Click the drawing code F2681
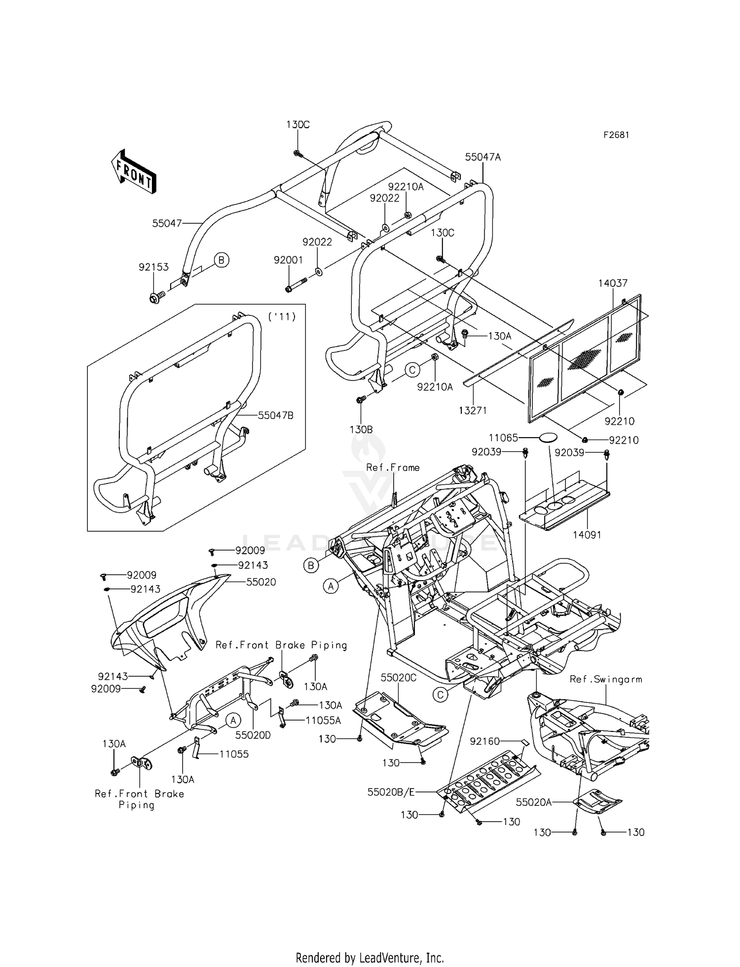point(616,135)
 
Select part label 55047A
point(482,157)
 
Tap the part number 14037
point(613,283)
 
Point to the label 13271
point(473,410)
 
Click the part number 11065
point(503,437)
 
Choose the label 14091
point(587,535)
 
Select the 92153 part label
point(153,267)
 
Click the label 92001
point(289,260)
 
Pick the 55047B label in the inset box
point(275,415)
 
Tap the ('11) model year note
point(282,317)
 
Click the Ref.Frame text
point(393,467)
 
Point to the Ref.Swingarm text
point(606,679)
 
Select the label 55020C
point(399,678)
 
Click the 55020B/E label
point(391,792)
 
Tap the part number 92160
point(485,741)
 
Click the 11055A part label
point(323,720)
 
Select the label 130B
point(361,429)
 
